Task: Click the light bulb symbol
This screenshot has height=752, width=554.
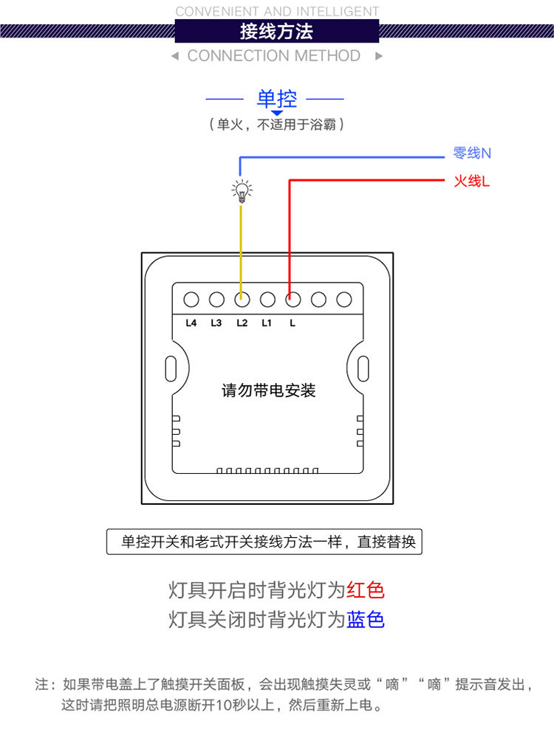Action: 242,190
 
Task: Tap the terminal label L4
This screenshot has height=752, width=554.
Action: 191,322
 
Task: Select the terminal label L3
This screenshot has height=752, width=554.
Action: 216,322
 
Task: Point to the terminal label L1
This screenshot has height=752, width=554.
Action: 267,322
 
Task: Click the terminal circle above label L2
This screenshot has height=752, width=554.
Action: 242,300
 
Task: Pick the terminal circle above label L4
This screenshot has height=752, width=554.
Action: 191,300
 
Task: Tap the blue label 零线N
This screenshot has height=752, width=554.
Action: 472,153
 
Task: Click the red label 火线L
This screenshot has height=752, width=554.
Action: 471,181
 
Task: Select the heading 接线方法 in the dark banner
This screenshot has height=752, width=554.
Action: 276,32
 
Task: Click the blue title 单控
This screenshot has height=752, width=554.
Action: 276,98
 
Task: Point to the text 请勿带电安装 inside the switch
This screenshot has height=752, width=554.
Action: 269,390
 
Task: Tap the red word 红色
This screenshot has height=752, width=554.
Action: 366,590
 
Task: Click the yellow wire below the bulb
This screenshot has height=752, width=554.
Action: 242,244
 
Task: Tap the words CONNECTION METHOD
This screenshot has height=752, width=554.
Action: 273,56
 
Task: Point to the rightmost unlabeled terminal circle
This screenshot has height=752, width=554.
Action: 343,300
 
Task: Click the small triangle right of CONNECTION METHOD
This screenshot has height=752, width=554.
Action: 379,56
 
